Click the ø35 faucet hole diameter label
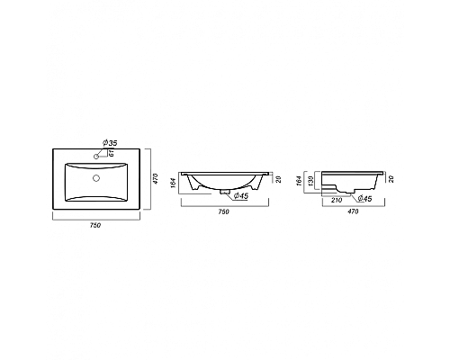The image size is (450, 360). point(109,143)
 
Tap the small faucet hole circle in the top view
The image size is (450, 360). point(96,158)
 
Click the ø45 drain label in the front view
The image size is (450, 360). point(240,195)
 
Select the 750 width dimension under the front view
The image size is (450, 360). point(223,211)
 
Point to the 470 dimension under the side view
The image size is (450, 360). point(354,212)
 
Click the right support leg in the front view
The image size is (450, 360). point(257,185)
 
